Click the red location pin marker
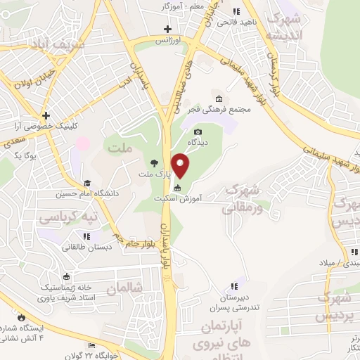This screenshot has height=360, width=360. click(x=181, y=165)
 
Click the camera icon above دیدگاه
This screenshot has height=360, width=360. click(x=198, y=131)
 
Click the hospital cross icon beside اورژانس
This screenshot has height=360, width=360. click(x=167, y=29)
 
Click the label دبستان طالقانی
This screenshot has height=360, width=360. click(x=84, y=247)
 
